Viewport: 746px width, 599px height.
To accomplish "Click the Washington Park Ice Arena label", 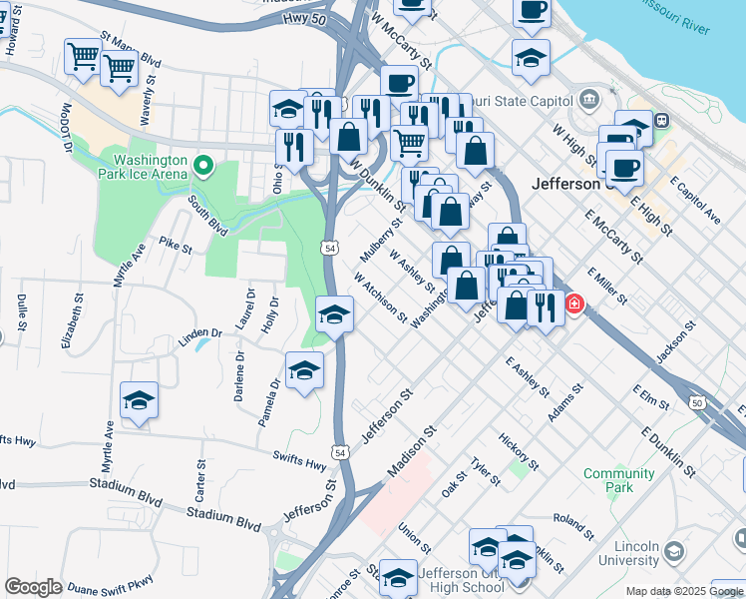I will (150, 166).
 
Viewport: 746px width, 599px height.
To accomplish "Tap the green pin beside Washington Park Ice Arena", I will (204, 165).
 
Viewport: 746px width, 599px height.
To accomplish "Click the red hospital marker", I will (574, 303).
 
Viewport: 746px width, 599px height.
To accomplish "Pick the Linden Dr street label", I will (199, 332).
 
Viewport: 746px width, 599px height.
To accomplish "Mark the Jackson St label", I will (675, 342).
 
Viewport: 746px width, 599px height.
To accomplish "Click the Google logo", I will (33, 587).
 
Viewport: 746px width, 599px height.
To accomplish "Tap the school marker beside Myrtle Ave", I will (139, 401).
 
